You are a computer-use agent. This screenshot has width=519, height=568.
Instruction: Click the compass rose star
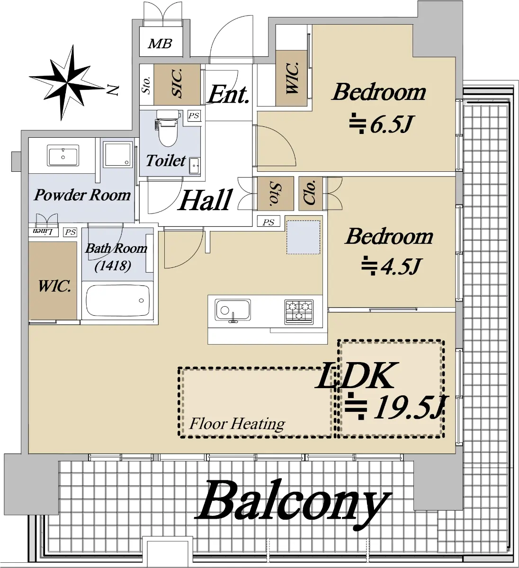click(67, 83)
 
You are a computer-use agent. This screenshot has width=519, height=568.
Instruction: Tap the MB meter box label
click(160, 44)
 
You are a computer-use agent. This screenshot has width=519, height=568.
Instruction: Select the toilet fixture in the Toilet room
click(168, 128)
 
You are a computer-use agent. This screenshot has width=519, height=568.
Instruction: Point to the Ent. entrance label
click(228, 94)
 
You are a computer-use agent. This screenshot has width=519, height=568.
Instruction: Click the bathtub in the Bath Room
click(117, 301)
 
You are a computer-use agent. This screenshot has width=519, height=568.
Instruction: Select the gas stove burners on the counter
click(299, 311)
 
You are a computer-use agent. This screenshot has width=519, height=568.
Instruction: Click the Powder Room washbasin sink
click(63, 156)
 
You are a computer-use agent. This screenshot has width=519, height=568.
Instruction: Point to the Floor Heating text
click(237, 424)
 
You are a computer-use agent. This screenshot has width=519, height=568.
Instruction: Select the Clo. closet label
click(311, 193)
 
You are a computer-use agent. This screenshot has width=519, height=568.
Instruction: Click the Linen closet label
click(43, 231)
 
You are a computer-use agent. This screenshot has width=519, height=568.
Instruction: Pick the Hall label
click(205, 200)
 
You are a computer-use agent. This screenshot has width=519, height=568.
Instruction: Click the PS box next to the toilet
click(194, 115)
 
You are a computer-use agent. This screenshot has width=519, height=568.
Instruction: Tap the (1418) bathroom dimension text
click(113, 266)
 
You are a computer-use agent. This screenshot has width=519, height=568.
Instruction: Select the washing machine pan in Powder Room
click(117, 154)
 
